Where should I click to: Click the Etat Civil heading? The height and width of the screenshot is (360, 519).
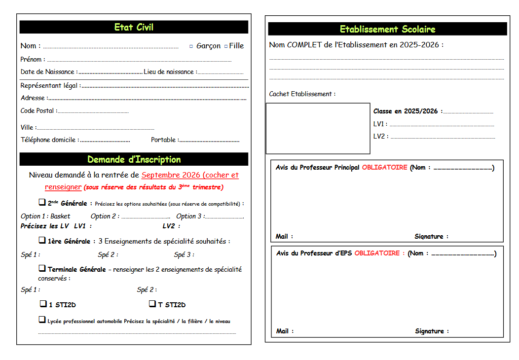pyautogui.click(x=134, y=27)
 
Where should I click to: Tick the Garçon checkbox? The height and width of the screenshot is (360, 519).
pyautogui.click(x=191, y=46)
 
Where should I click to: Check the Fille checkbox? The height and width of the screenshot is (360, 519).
pyautogui.click(x=226, y=46)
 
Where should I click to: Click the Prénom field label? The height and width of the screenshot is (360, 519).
pyautogui.click(x=31, y=60)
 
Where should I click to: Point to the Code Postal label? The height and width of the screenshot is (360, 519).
pyautogui.click(x=37, y=111)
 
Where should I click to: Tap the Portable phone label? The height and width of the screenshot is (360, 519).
pyautogui.click(x=164, y=140)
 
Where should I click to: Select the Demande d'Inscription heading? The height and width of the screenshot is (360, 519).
pyautogui.click(x=134, y=159)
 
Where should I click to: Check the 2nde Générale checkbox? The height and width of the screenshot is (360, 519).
pyautogui.click(x=42, y=202)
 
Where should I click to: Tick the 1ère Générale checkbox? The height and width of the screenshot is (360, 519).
pyautogui.click(x=42, y=240)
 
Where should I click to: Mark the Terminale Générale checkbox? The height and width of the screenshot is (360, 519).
pyautogui.click(x=42, y=268)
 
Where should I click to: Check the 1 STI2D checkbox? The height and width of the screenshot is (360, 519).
pyautogui.click(x=43, y=304)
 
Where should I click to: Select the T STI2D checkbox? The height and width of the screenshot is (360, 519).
pyautogui.click(x=152, y=304)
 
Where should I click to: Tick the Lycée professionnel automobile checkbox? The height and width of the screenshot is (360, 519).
pyautogui.click(x=42, y=320)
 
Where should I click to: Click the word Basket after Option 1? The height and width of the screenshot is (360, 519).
pyautogui.click(x=60, y=216)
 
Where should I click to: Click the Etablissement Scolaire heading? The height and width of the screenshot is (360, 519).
pyautogui.click(x=387, y=29)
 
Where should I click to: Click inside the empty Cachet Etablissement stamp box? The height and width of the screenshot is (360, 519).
pyautogui.click(x=318, y=128)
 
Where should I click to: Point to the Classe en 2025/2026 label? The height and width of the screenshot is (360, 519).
pyautogui.click(x=407, y=111)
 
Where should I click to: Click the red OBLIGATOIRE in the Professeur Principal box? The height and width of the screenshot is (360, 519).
pyautogui.click(x=384, y=167)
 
